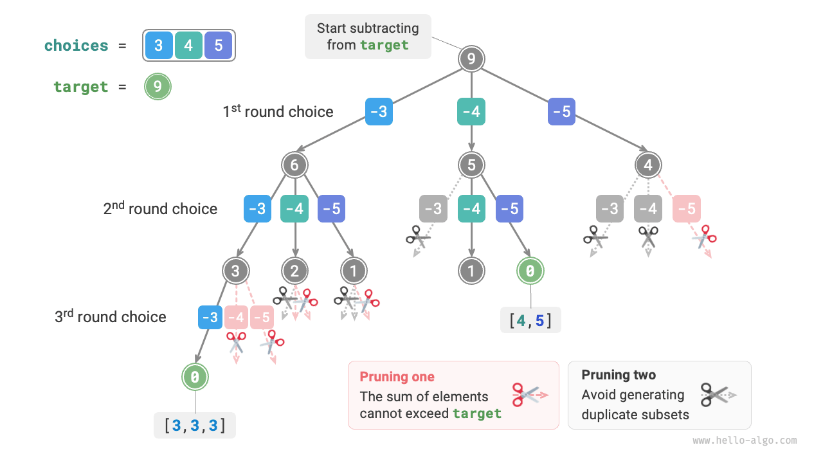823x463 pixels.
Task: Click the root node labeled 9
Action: coord(471,59)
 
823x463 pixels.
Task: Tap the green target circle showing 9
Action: coord(158,87)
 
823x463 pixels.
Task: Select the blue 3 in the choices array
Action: coord(159,46)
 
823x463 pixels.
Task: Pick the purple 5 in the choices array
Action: coord(219,46)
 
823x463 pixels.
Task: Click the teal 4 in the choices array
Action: coord(188,46)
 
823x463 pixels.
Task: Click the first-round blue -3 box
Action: coord(379,111)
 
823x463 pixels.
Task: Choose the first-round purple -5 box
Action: coord(562,111)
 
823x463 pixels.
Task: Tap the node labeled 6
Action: coord(294,165)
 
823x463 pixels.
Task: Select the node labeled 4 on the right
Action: coord(648,165)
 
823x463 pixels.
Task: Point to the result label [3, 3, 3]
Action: coord(195,425)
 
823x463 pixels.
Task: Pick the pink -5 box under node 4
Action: coord(687,209)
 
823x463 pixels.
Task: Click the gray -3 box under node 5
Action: coord(433,209)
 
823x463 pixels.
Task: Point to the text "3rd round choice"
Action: coord(111,316)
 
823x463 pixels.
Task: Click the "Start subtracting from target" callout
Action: coord(368,37)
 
